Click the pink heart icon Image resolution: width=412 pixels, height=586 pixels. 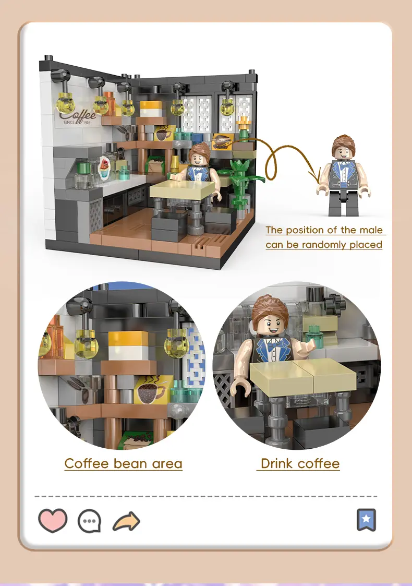pos(53,520)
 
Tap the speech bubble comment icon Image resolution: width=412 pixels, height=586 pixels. pos(89,521)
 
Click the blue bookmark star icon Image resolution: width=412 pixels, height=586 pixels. pos(366,520)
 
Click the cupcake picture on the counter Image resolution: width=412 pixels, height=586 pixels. pos(105,168)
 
